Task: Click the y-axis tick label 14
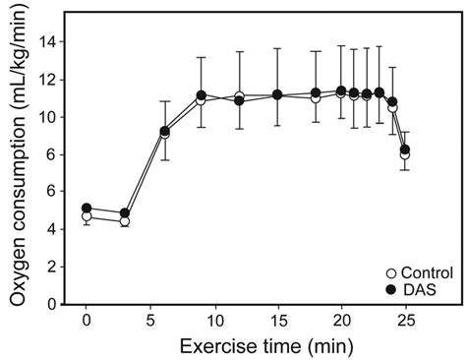click(50, 41)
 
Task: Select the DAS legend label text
click(417, 288)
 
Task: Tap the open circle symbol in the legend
click(391, 272)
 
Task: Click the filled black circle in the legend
click(391, 288)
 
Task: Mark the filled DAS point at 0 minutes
click(87, 209)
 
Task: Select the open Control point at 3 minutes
click(125, 221)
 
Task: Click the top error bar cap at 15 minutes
click(277, 48)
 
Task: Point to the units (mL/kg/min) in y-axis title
click(17, 93)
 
